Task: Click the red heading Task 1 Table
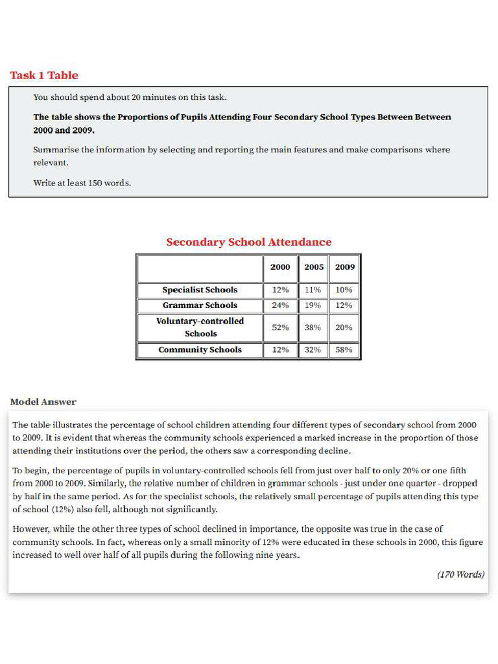click(44, 75)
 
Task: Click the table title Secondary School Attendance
click(248, 242)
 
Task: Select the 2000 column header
click(280, 267)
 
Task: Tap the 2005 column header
click(313, 267)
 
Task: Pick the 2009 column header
click(344, 267)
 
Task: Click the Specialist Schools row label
click(200, 290)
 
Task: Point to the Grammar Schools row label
click(200, 305)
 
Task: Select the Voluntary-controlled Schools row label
click(200, 327)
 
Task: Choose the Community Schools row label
click(200, 350)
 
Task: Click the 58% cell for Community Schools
click(344, 350)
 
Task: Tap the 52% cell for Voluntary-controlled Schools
click(280, 327)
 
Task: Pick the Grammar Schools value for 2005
click(313, 305)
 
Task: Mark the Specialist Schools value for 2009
click(344, 290)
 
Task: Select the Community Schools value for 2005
click(313, 350)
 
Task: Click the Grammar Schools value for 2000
click(280, 305)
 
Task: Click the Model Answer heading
click(43, 402)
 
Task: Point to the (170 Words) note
click(460, 575)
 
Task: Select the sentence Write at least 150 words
click(82, 183)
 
